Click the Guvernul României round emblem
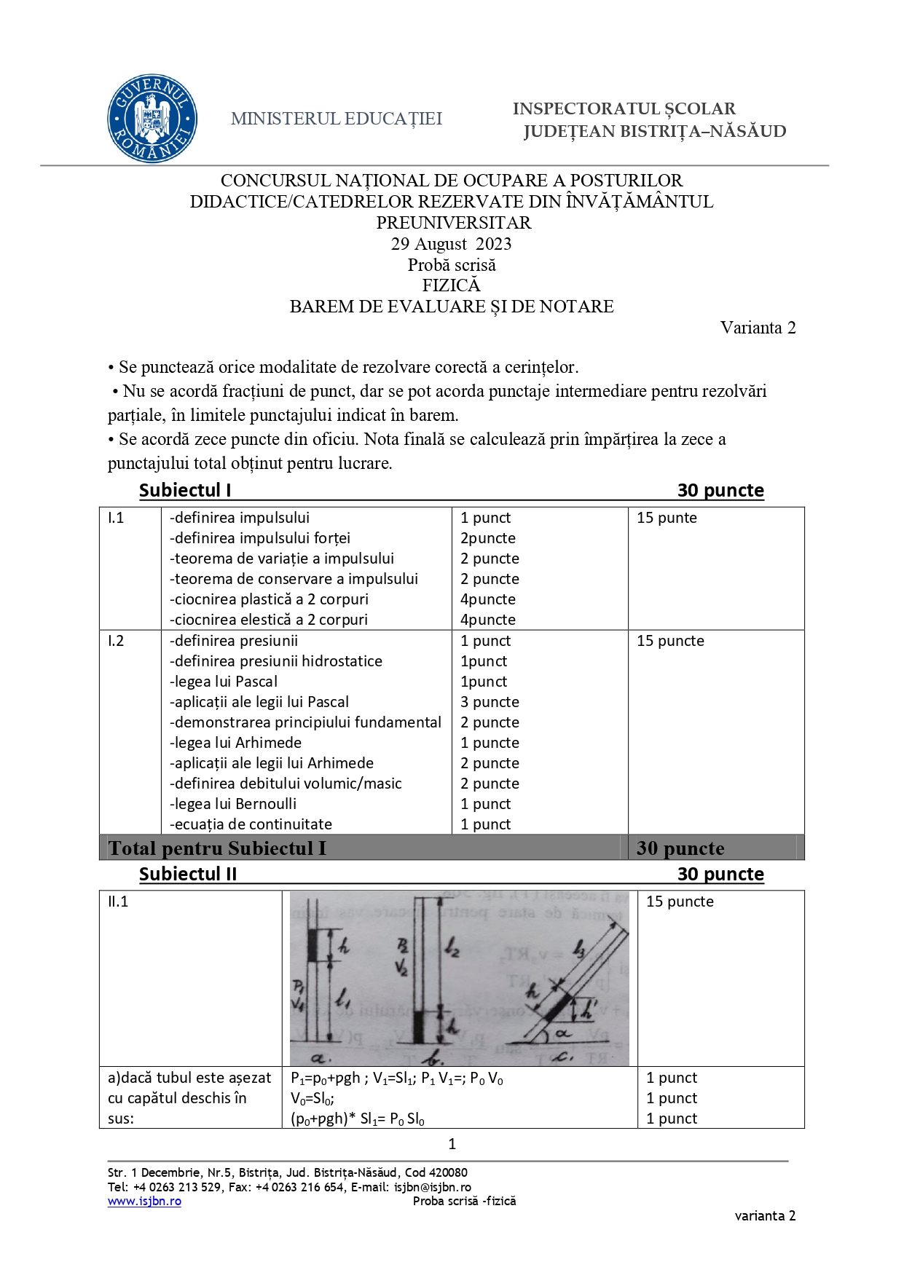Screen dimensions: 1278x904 (x=152, y=118)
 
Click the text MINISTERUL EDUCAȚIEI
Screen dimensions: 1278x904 (x=337, y=119)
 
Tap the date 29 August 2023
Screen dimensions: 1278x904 (x=451, y=244)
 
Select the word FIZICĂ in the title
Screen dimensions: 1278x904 (x=451, y=285)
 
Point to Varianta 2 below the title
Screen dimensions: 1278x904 (x=758, y=328)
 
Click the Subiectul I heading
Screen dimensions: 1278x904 (x=185, y=490)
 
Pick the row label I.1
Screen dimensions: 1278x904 (x=116, y=518)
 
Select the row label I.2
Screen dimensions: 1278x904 (x=116, y=641)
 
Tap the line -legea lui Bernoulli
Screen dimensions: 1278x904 (x=233, y=804)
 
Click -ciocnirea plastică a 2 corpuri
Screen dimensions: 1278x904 (x=269, y=599)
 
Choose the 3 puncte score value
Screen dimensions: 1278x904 (x=490, y=702)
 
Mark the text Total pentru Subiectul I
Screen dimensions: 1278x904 (x=217, y=848)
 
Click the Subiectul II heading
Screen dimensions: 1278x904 (x=188, y=874)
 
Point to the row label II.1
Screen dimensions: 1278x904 (x=118, y=902)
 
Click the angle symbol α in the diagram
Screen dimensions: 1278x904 (x=563, y=1033)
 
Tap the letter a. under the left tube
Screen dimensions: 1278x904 (x=321, y=1058)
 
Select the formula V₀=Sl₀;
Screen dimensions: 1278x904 (x=313, y=1098)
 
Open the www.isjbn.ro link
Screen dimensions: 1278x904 (x=144, y=1201)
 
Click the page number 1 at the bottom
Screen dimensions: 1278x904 (x=452, y=1144)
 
